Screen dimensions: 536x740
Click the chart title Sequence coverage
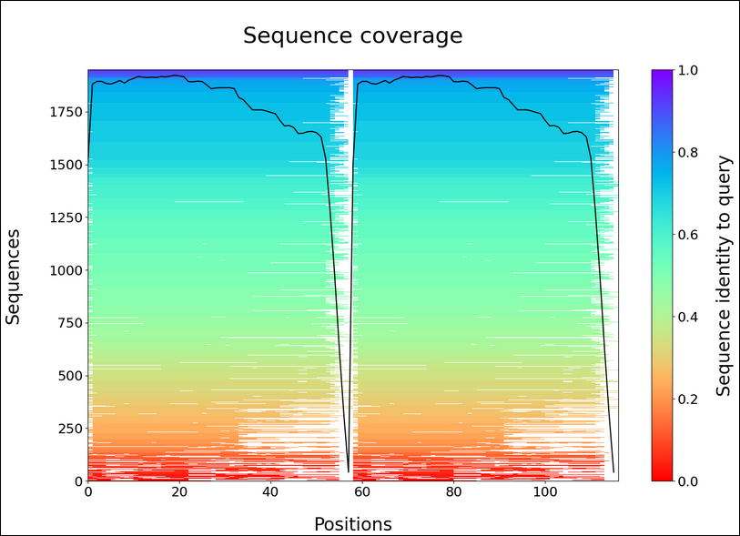click(352, 35)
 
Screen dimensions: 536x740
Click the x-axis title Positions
click(352, 524)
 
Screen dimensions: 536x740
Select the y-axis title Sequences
click(14, 276)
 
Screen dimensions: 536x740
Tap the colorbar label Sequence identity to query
click(724, 276)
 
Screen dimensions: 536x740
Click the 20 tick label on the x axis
click(178, 492)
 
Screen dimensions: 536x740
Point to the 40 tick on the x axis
click(270, 492)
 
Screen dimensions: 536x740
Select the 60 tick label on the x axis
click(361, 492)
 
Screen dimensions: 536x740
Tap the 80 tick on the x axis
click(453, 492)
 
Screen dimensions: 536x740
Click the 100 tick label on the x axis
click(544, 492)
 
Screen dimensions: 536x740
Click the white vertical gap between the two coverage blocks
click(350, 273)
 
